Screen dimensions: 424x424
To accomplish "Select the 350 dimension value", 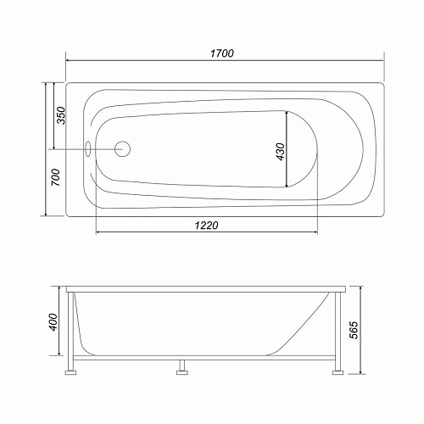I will click(60, 116).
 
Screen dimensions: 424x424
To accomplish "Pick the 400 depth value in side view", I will click(53, 323).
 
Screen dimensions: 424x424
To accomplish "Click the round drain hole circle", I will click(121, 148).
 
